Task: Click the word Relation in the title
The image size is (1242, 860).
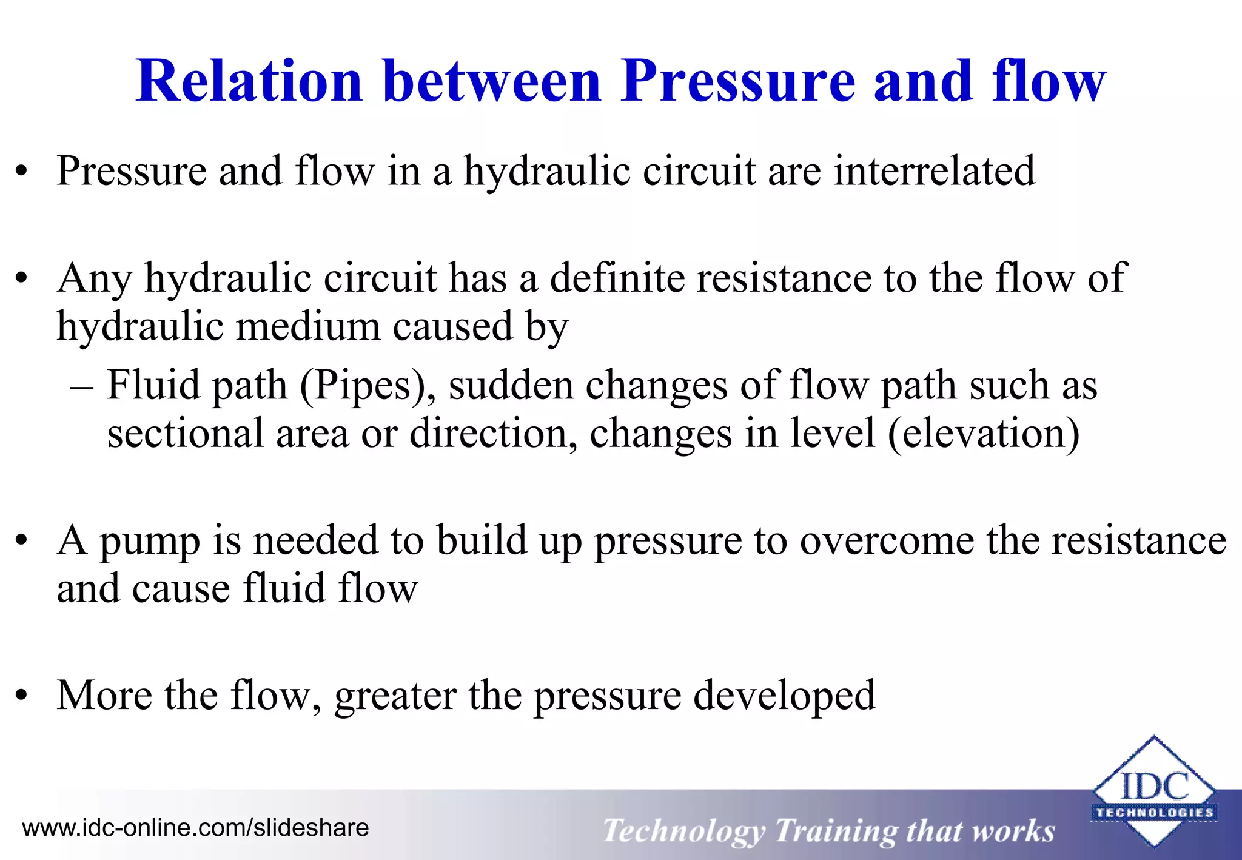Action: [x=249, y=81]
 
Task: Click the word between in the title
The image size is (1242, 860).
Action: [x=492, y=81]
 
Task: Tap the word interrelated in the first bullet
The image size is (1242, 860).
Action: [x=935, y=171]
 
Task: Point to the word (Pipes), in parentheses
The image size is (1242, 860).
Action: [x=368, y=386]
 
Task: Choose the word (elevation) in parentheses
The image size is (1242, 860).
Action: [x=984, y=434]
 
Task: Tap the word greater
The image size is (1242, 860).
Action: [x=395, y=696]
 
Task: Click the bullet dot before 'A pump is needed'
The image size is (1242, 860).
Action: [x=22, y=541]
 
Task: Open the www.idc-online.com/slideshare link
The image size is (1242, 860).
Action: [x=195, y=828]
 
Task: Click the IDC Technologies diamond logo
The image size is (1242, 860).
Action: [x=1154, y=792]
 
